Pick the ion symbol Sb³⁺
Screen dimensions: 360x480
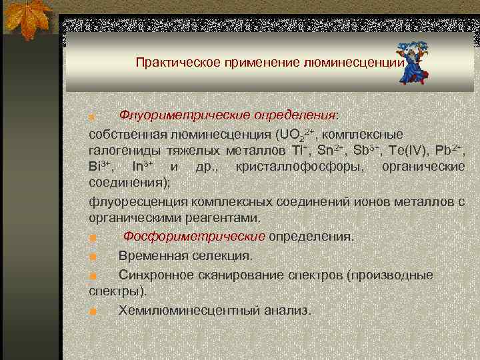(x=367, y=149)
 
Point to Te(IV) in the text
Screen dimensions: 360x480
(x=408, y=149)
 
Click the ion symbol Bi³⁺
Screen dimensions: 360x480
(x=101, y=165)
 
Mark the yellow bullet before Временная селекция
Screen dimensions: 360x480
(x=93, y=257)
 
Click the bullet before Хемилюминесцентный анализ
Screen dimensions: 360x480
(x=93, y=311)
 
